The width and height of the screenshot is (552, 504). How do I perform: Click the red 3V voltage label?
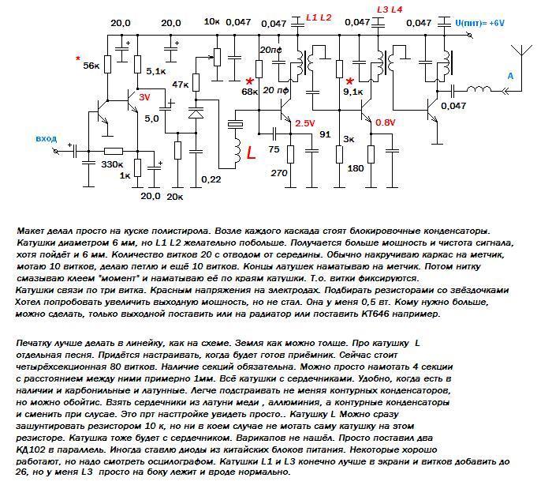(144, 96)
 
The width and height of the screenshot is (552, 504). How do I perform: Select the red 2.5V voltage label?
(305, 123)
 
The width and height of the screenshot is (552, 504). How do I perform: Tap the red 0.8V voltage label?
(386, 122)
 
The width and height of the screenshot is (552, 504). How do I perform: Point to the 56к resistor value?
(91, 66)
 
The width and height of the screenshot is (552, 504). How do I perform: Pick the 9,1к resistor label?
(353, 92)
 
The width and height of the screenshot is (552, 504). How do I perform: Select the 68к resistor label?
(250, 92)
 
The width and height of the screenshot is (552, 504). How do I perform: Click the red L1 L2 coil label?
(319, 17)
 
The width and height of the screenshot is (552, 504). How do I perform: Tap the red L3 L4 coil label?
(390, 9)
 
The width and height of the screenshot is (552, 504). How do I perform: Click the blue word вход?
(47, 139)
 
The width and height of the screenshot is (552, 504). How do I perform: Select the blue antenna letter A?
(510, 76)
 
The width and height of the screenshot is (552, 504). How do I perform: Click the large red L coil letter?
(252, 153)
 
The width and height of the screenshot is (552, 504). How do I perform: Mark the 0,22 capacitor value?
(212, 179)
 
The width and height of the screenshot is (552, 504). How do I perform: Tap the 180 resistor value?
(356, 168)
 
